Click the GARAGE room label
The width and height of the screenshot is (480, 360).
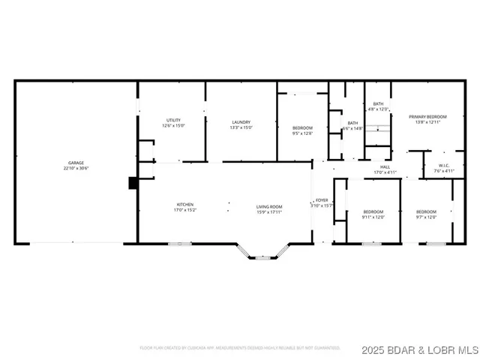76,163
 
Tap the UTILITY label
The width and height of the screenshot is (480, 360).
173,121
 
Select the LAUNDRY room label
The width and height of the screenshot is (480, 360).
241,122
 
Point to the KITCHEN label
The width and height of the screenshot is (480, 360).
185,205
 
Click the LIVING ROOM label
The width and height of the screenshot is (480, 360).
269,206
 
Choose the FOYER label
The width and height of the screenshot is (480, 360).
322,200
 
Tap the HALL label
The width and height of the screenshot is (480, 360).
385,167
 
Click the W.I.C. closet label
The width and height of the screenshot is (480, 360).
444,166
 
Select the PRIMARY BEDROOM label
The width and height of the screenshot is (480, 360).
427,117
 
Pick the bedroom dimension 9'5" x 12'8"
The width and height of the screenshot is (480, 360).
302,133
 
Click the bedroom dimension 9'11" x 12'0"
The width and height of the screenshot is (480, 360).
373,217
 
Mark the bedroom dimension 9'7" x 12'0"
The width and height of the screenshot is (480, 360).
426,217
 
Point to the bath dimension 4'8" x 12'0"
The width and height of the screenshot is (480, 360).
378,109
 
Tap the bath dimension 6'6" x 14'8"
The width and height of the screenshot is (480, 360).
352,128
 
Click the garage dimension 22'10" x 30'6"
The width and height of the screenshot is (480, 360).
76,168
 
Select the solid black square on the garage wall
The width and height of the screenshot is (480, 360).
133,182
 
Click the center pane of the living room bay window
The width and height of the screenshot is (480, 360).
262,258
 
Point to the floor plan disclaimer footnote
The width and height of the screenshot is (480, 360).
239,348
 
